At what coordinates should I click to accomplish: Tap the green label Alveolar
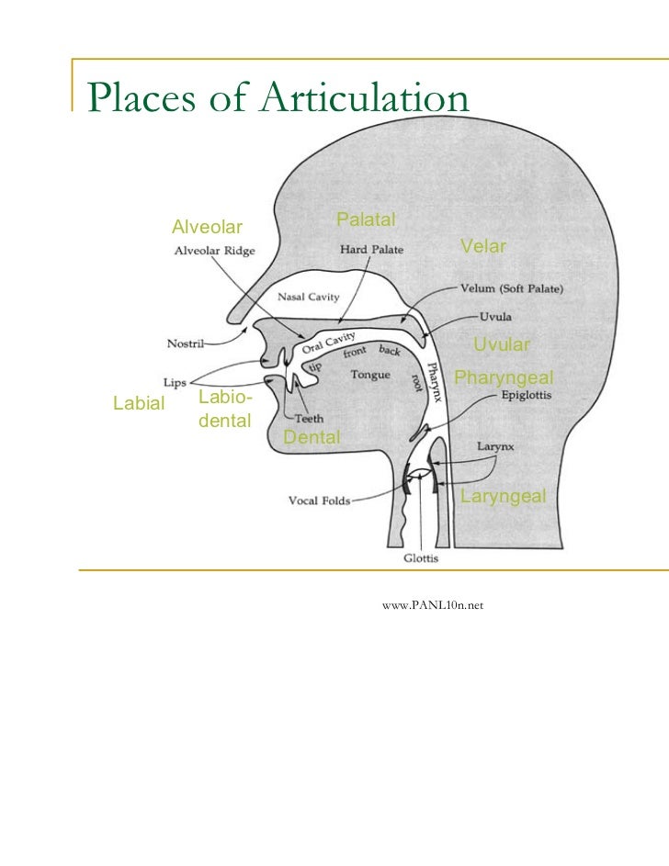pos(208,227)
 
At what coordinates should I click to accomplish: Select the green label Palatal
pos(366,219)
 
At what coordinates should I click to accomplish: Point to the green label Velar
pos(483,246)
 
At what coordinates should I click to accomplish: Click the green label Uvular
pos(501,344)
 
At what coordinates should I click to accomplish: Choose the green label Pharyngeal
pos(504,377)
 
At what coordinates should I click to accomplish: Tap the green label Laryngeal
pos(503,497)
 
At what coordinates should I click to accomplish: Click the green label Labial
pos(138,402)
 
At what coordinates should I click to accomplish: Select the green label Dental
pos(312,437)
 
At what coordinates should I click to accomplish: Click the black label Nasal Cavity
pos(309,297)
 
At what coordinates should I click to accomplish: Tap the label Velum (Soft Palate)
pos(512,287)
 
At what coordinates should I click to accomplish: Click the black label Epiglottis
pos(527,397)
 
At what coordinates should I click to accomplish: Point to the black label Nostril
pos(186,344)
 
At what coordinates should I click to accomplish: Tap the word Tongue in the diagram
pos(370,374)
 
